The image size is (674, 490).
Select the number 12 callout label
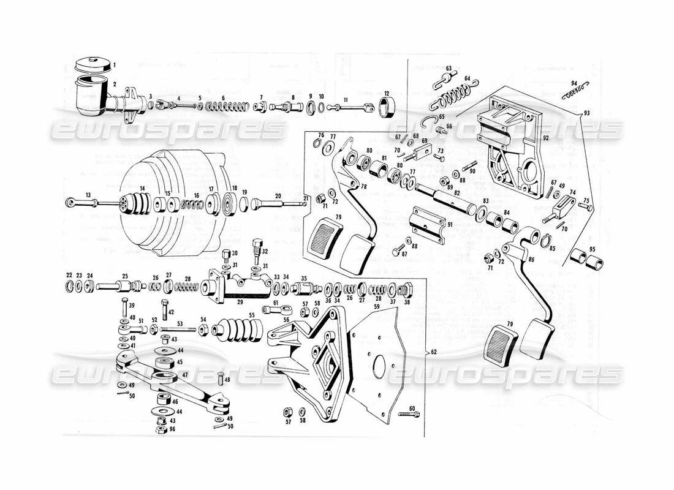385,92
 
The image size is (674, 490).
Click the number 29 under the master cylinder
240,302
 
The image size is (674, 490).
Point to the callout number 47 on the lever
184,375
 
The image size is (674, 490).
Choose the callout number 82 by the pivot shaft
456,192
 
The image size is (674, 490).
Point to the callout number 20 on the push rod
278,195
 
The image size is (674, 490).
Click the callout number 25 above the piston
124,276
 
